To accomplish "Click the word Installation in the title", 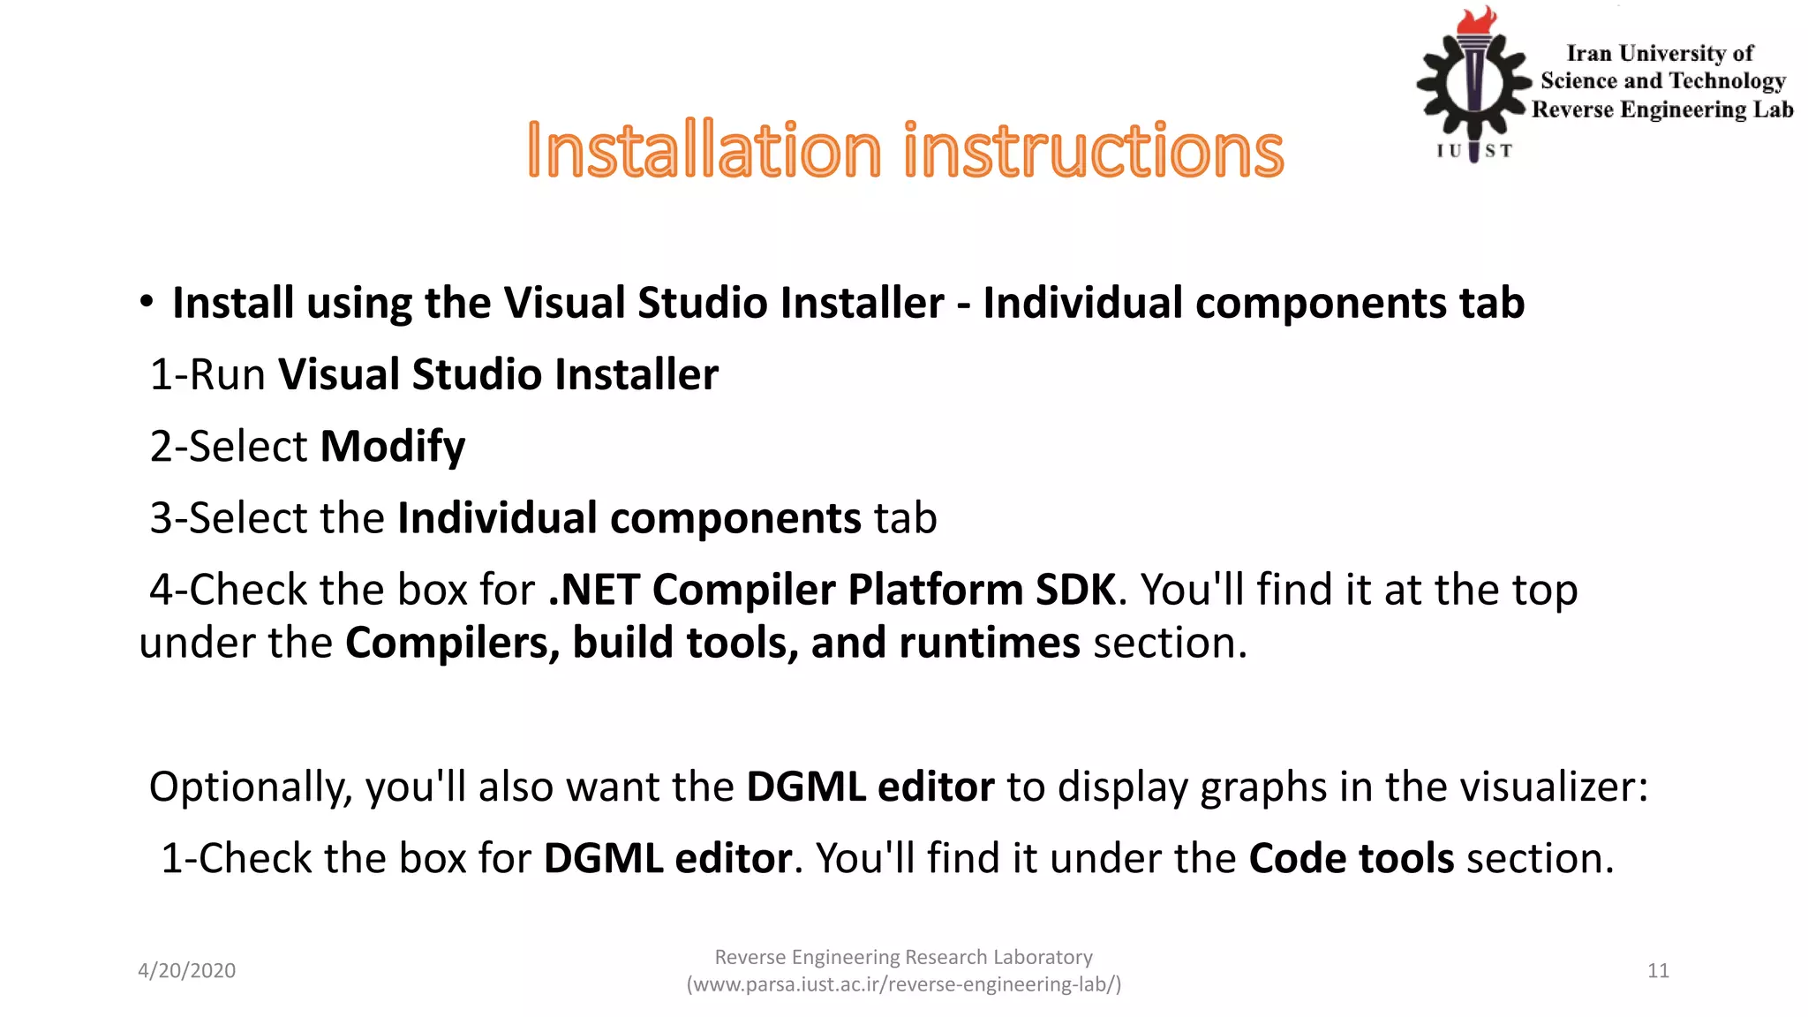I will pyautogui.click(x=704, y=151).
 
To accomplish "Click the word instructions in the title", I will pyautogui.click(x=1093, y=151).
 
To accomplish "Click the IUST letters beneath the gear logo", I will pyautogui.click(x=1473, y=151).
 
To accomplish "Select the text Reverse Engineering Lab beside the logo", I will pyautogui.click(x=1662, y=109).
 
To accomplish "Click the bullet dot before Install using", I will pyautogui.click(x=147, y=302).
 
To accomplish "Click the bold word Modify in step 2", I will pyautogui.click(x=392, y=447).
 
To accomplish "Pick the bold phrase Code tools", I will pyautogui.click(x=1351, y=858).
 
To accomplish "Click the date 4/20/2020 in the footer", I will pyautogui.click(x=186, y=971).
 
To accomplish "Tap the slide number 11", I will pyautogui.click(x=1658, y=971).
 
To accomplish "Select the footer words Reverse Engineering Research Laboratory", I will pyautogui.click(x=903, y=957).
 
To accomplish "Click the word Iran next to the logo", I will pyautogui.click(x=1589, y=54).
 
